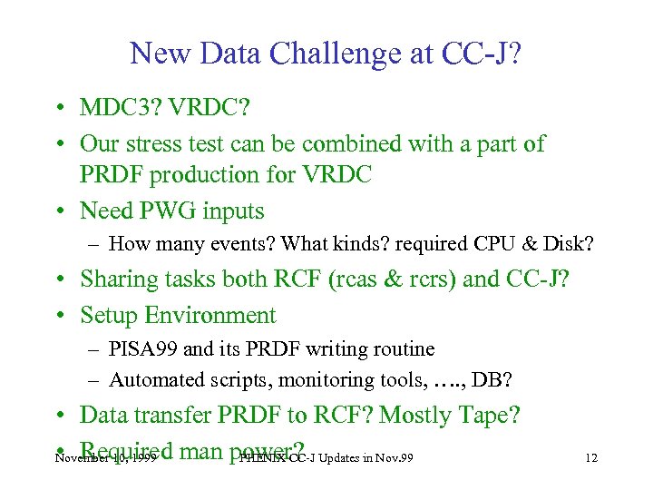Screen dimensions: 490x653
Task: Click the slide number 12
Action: click(x=591, y=457)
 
